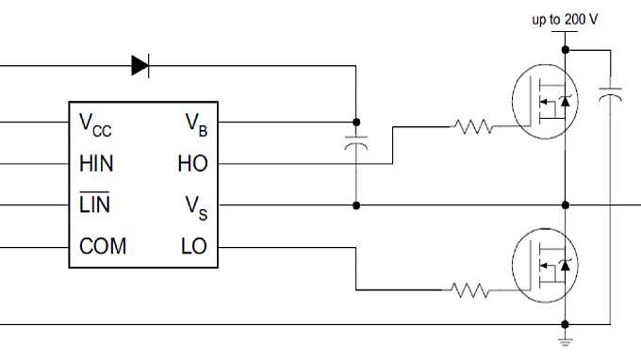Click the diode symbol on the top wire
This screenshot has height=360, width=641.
[140, 65]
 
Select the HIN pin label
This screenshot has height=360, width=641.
[97, 163]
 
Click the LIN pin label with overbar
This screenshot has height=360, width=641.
[95, 205]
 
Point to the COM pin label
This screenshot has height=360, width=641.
[103, 247]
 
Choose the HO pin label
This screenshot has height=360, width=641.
[191, 163]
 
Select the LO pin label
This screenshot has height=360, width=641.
[193, 247]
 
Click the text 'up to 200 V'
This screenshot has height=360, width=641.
[565, 19]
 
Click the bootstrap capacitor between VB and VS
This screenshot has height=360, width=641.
[356, 146]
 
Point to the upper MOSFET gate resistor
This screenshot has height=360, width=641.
[471, 125]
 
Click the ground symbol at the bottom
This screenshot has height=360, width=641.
[566, 335]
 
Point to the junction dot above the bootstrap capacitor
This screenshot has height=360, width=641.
[356, 122]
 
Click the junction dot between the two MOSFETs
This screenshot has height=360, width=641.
[566, 205]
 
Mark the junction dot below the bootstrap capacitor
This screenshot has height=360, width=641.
[356, 205]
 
